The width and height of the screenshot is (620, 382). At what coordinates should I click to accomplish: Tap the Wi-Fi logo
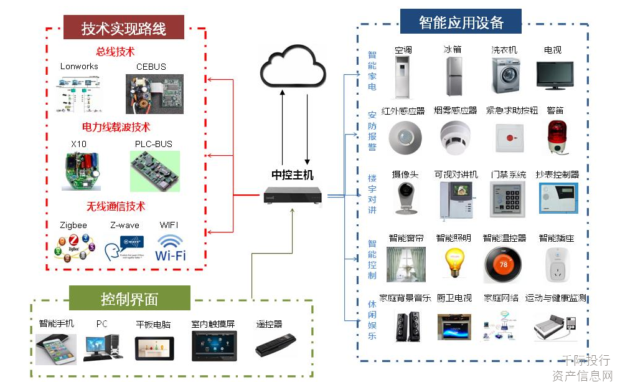pos(171,247)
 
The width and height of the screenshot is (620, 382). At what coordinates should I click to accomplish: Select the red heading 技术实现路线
pos(124,28)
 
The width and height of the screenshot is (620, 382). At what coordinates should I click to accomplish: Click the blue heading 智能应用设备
pos(461,22)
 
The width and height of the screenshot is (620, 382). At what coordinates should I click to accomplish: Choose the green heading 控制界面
pos(129,298)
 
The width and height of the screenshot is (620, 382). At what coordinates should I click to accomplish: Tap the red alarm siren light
pos(557,136)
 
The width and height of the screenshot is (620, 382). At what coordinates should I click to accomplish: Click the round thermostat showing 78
pos(504,264)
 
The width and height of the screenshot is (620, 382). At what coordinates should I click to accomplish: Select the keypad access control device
pos(508,199)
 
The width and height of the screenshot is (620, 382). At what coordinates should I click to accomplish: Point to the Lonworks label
pos(79,66)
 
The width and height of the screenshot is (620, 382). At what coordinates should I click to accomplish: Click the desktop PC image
pos(102,347)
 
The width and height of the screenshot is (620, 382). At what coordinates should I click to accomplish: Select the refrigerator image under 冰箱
pos(453,76)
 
